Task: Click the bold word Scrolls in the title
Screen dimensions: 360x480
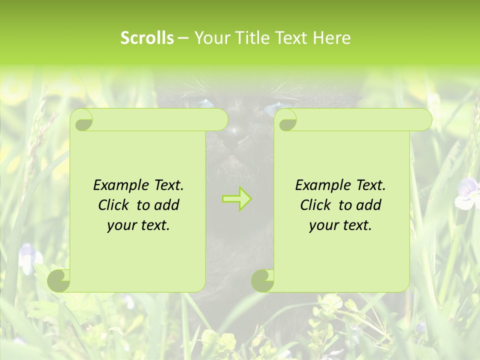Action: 147,38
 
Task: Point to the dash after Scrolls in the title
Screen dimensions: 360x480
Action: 183,38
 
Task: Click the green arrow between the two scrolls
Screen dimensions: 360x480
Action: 236,199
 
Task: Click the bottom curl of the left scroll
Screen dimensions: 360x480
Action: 59,280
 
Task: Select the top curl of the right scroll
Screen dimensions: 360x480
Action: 287,120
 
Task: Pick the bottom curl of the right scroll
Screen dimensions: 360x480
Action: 262,280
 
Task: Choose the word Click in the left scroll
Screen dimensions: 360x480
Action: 115,205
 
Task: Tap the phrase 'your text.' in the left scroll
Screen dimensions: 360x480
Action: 138,225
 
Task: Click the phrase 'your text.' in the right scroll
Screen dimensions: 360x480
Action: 340,225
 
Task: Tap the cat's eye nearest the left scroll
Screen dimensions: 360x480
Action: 205,103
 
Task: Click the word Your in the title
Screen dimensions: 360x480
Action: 212,38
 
